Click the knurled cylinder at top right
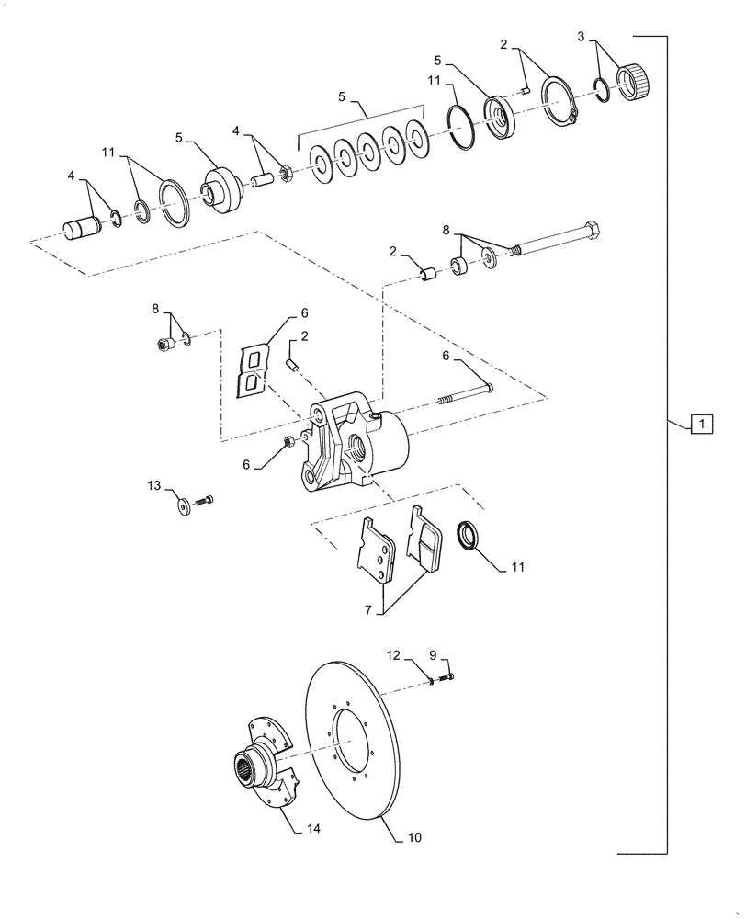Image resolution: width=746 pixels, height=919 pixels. pos(637,80)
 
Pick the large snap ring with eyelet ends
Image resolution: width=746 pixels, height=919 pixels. pos(560,98)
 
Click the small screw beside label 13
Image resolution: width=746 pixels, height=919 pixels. pos(205,500)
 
